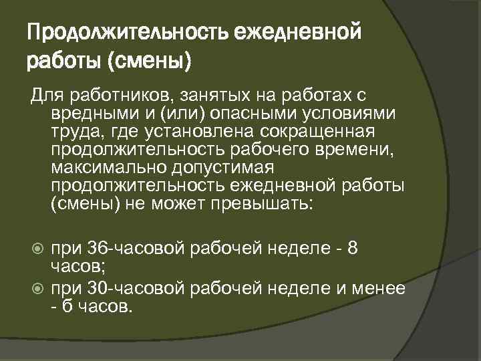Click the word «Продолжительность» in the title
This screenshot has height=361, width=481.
point(116,31)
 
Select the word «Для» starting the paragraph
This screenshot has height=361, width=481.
point(43,95)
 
